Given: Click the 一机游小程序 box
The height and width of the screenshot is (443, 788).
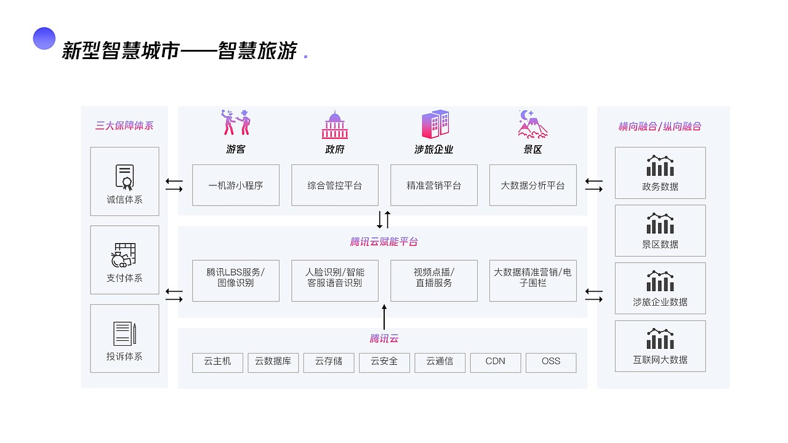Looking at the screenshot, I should [x=236, y=185].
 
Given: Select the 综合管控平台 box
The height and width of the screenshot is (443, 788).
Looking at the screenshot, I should [x=335, y=185].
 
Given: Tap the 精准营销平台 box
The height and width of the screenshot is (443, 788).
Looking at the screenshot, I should [x=434, y=185].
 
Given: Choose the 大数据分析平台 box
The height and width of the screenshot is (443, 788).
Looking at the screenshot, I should [x=533, y=185].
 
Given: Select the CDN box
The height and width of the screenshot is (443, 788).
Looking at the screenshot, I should [x=496, y=362].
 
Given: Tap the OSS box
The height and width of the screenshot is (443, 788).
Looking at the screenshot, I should [x=551, y=362].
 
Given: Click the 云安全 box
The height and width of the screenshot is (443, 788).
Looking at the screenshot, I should [x=384, y=362].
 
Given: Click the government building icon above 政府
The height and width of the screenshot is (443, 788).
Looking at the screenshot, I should [x=335, y=125].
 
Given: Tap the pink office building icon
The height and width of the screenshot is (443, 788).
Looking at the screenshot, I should [x=435, y=124].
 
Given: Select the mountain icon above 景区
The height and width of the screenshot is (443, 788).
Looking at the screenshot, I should [x=532, y=124].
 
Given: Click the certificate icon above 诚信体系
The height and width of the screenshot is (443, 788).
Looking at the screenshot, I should [x=125, y=177].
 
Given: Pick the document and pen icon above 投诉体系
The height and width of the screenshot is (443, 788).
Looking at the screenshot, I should [x=125, y=333].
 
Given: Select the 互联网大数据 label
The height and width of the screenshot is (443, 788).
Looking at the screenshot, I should [x=661, y=359].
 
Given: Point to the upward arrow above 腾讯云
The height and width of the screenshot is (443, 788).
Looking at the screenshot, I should [x=385, y=316].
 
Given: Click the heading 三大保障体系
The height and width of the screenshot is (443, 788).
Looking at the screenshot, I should [x=124, y=126].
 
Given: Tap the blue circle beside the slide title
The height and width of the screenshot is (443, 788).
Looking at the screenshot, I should [x=44, y=39].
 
